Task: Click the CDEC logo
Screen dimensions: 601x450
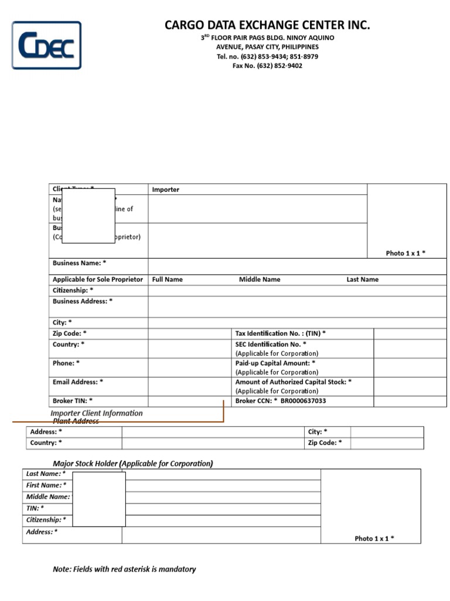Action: coord(47,45)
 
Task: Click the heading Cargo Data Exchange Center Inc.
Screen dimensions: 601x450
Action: coord(267,25)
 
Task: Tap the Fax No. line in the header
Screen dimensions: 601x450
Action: coord(267,66)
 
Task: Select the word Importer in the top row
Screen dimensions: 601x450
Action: coord(165,190)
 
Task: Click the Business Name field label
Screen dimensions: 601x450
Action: coord(79,263)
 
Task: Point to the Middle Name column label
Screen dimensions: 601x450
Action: coord(260,279)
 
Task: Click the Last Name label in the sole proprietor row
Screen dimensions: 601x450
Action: coord(362,279)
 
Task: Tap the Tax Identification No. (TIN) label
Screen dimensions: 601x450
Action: coord(280,333)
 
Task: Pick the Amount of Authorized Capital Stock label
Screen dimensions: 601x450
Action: coord(293,381)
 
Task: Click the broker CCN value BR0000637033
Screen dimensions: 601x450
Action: coord(303,401)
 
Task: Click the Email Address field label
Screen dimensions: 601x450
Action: coord(77,381)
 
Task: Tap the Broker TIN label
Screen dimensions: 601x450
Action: coord(72,401)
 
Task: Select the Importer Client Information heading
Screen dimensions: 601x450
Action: coord(97,413)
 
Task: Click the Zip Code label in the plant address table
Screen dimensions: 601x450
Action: coord(325,443)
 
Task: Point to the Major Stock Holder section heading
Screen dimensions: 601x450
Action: coord(133,464)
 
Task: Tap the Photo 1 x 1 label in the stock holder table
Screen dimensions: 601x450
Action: coord(374,538)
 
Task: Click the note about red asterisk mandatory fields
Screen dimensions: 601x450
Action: coord(124,569)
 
